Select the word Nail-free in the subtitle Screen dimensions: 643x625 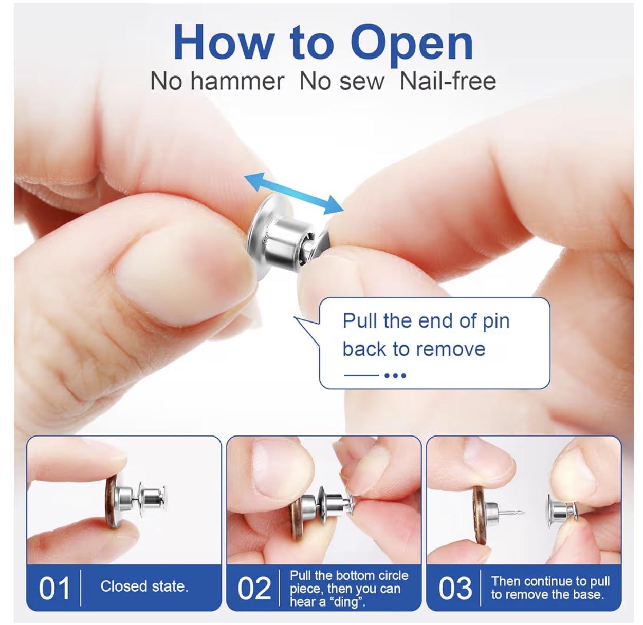pyautogui.click(x=448, y=81)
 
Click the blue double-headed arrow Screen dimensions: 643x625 pyautogui.click(x=294, y=194)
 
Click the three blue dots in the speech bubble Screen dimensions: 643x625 pyautogui.click(x=395, y=376)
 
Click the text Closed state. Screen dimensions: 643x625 pyautogui.click(x=144, y=587)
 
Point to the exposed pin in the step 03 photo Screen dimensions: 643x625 pyautogui.click(x=511, y=513)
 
